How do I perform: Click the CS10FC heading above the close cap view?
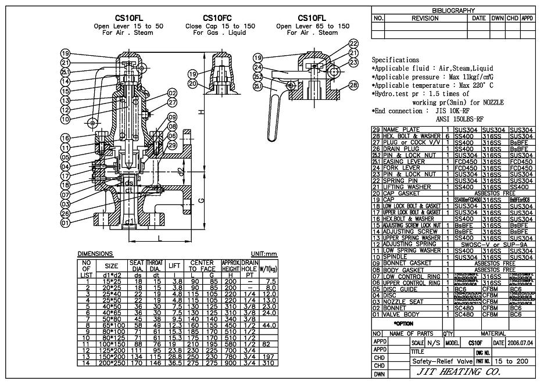[x=219, y=18]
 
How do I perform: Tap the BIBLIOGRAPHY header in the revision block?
[x=453, y=10]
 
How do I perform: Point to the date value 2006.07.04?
[x=520, y=343]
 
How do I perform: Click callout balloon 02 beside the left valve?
[x=172, y=93]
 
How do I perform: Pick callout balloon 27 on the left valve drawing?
[x=172, y=102]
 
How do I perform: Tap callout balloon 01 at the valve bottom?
[x=65, y=222]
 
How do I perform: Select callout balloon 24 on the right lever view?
[x=258, y=67]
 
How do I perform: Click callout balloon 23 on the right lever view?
[x=354, y=62]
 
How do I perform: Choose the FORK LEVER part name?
[x=402, y=168]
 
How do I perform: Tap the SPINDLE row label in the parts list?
[x=397, y=256]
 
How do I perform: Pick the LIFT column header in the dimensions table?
[x=174, y=266]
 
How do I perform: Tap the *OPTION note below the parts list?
[x=403, y=322]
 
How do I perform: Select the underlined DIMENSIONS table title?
[x=95, y=254]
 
